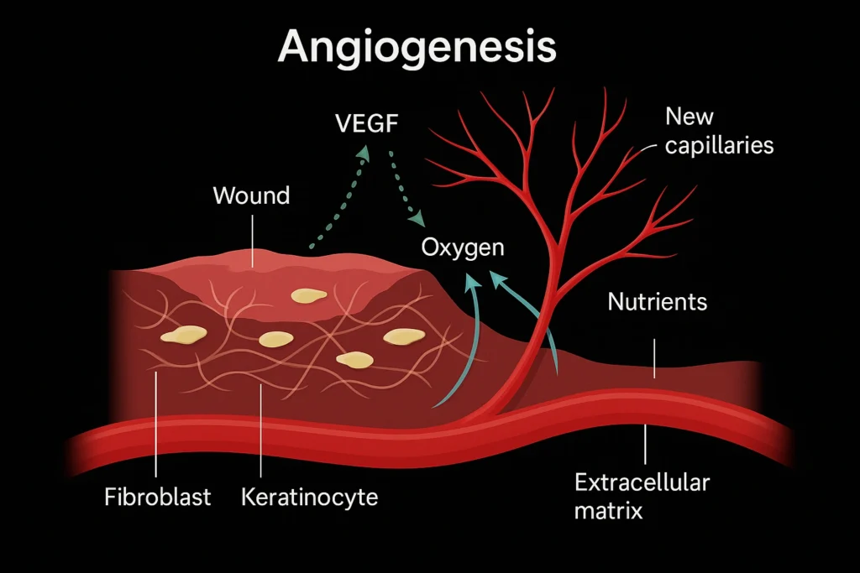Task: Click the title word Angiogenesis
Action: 417,48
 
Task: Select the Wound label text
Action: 251,196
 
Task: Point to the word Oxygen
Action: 463,247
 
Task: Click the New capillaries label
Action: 718,130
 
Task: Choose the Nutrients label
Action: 657,301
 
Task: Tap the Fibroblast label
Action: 158,497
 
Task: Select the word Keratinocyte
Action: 309,497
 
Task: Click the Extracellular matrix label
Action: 642,496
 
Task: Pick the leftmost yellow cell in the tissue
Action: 184,335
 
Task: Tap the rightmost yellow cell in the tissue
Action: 405,336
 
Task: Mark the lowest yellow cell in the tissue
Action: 354,360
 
